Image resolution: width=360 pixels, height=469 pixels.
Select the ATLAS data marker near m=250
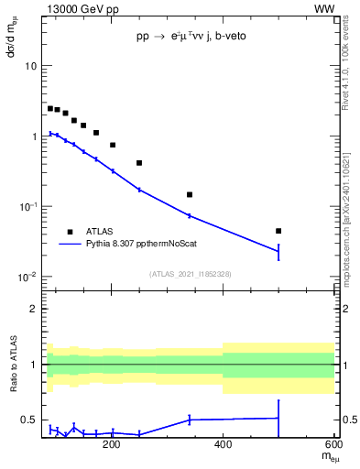click(139, 163)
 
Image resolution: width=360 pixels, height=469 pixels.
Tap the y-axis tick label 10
click(31, 67)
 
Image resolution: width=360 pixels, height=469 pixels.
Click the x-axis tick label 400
click(223, 445)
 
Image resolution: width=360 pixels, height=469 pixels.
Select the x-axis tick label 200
click(112, 445)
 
